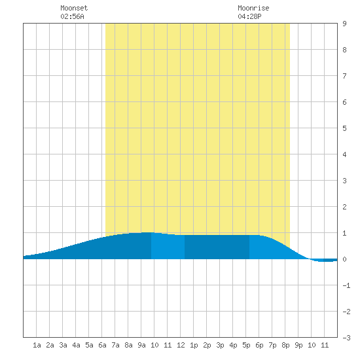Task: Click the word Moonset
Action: [74, 8]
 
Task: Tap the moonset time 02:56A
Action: [72, 16]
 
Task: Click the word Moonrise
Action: [253, 8]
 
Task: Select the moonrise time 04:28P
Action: [249, 16]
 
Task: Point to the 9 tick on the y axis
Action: [344, 24]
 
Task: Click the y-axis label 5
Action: [344, 128]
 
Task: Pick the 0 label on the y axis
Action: [344, 259]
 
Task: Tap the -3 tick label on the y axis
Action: [346, 338]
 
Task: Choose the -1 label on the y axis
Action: [346, 285]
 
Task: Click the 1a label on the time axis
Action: [37, 345]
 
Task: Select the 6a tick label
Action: [102, 345]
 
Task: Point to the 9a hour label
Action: [141, 345]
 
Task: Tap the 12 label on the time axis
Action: [181, 345]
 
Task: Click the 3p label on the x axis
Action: [220, 345]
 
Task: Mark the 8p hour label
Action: [285, 345]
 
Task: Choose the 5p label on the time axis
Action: [246, 345]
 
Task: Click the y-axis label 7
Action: [344, 76]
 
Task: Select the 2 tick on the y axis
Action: [344, 207]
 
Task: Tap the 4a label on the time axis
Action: [76, 345]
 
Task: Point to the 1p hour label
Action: [194, 345]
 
